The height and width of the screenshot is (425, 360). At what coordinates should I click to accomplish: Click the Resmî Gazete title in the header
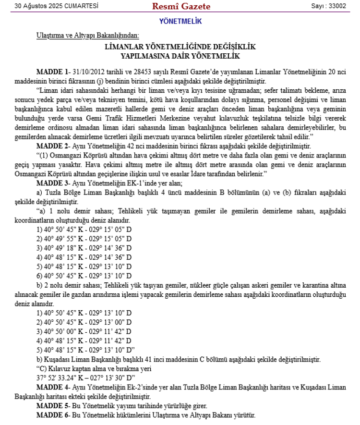[181, 6]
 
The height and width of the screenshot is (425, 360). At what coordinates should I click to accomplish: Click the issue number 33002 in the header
[336, 6]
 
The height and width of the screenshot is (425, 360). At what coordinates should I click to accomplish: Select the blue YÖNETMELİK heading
[180, 22]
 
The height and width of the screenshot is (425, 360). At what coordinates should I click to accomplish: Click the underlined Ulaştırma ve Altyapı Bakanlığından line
[88, 36]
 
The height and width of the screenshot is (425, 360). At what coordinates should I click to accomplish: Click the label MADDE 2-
[54, 146]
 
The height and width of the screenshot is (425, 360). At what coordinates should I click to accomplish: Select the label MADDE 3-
[54, 183]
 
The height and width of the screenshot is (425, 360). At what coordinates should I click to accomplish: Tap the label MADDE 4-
[54, 387]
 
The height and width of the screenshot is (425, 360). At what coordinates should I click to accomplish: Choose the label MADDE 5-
[54, 406]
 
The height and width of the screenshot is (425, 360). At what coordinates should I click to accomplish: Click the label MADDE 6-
[54, 414]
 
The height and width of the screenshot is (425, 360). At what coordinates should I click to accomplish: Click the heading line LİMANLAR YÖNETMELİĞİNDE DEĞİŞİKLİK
[180, 47]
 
